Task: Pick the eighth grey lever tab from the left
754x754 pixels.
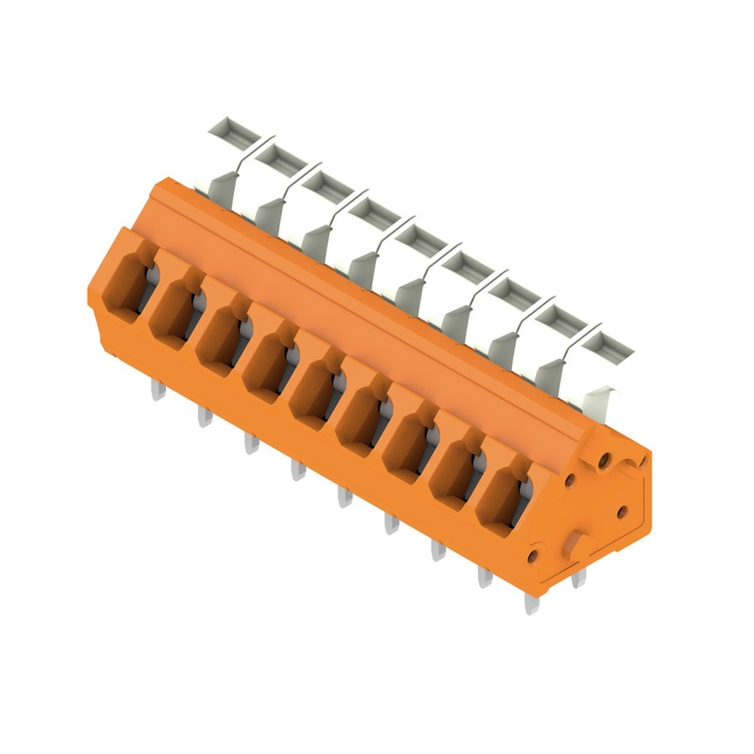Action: (x=561, y=317)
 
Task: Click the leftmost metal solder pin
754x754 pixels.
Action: (x=158, y=390)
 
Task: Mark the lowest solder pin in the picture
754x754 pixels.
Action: (x=532, y=602)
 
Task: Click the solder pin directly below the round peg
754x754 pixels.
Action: (x=578, y=578)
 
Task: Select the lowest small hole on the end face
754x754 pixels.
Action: (x=534, y=556)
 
